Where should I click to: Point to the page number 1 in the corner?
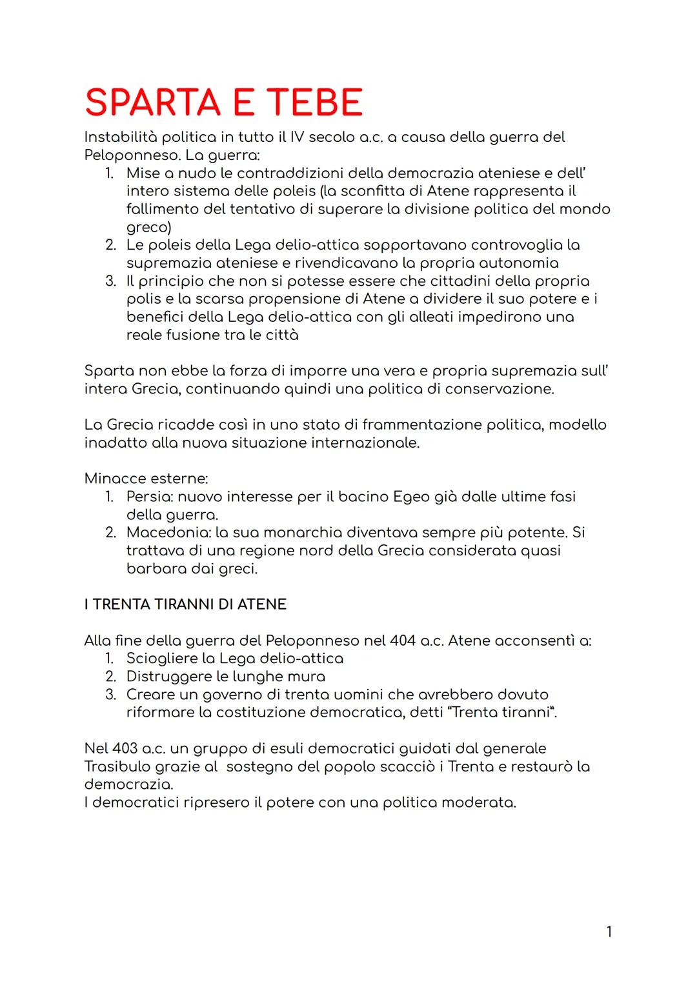click(x=609, y=931)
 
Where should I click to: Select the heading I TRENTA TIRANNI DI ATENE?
click(x=185, y=604)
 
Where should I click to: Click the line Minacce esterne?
click(x=146, y=479)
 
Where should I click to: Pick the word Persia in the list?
click(x=148, y=497)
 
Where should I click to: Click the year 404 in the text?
click(x=403, y=641)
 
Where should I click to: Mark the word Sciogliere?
click(x=161, y=659)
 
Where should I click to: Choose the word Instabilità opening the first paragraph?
click(x=120, y=137)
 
